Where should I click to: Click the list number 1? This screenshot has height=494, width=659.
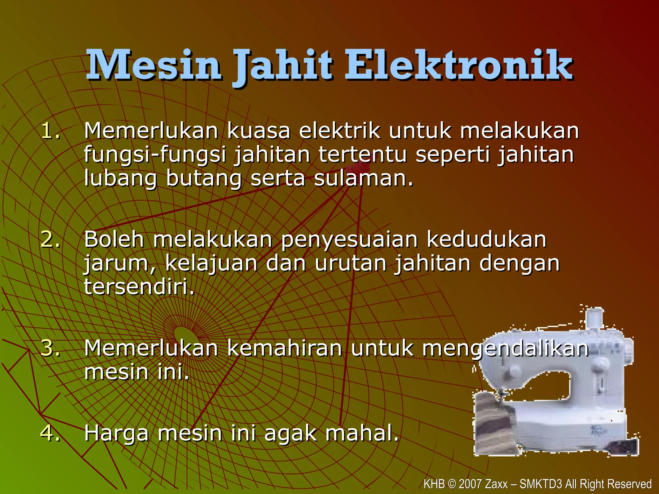tap(51, 131)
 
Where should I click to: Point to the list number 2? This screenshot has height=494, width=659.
tap(51, 240)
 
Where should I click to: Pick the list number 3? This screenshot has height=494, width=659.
tap(51, 348)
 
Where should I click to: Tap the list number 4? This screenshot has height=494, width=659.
tap(51, 433)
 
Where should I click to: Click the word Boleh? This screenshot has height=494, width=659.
tap(114, 239)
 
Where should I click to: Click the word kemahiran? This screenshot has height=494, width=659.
tap(284, 348)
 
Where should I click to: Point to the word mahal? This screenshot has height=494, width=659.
tap(362, 433)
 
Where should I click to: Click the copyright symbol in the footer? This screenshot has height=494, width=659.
tap(452, 484)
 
